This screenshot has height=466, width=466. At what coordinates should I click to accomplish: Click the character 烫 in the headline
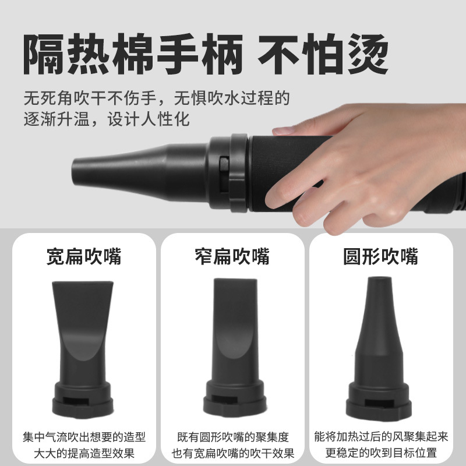click(368, 54)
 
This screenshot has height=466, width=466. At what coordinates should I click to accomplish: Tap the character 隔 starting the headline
click(44, 54)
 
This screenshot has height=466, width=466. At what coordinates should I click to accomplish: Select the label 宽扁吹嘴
click(84, 256)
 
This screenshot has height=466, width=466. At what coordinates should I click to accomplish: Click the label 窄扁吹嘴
click(232, 256)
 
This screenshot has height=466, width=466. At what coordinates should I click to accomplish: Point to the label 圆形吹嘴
click(381, 256)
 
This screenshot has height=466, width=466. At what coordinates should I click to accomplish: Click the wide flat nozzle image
click(83, 349)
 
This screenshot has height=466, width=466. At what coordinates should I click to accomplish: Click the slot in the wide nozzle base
click(76, 401)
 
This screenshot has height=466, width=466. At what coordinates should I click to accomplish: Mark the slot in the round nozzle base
click(379, 403)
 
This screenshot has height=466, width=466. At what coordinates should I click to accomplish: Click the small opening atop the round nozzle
click(379, 278)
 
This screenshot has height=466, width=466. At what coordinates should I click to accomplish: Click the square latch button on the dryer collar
click(224, 164)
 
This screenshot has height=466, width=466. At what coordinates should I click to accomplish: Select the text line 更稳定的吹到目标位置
click(381, 453)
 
